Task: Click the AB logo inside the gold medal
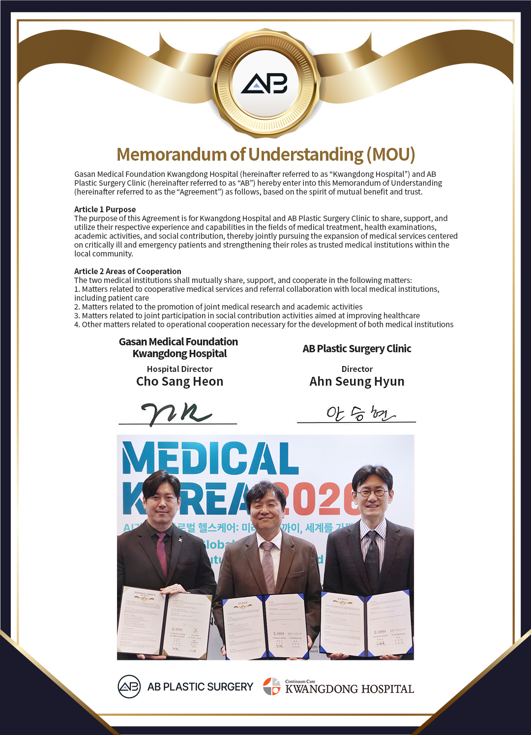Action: pyautogui.click(x=265, y=84)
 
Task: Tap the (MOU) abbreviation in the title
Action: pyautogui.click(x=390, y=154)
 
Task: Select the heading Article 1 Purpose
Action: pyautogui.click(x=105, y=209)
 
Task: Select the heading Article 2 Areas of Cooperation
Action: pyautogui.click(x=127, y=271)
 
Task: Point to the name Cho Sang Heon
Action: pyautogui.click(x=179, y=382)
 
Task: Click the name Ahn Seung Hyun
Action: pyautogui.click(x=356, y=382)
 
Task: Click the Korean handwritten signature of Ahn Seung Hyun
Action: pyautogui.click(x=359, y=414)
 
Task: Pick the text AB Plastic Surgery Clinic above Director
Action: pyautogui.click(x=356, y=349)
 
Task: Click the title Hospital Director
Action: pyautogui.click(x=179, y=369)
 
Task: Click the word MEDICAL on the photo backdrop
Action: pyautogui.click(x=210, y=458)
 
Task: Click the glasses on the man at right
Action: pyautogui.click(x=372, y=492)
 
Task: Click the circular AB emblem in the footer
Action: pyautogui.click(x=129, y=686)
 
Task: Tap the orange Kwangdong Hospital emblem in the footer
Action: pyautogui.click(x=271, y=686)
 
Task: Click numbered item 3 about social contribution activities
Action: pyautogui.click(x=247, y=315)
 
